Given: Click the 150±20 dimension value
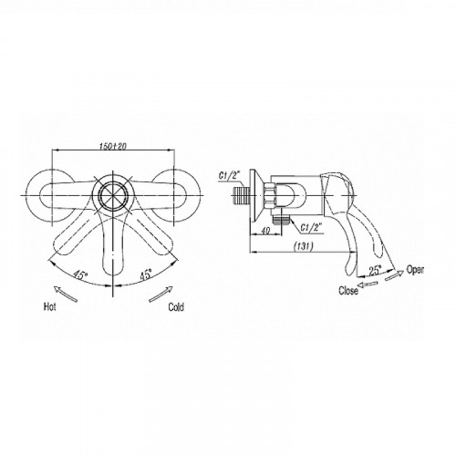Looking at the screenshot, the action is click(x=113, y=146).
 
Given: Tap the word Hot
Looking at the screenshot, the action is click(x=50, y=306).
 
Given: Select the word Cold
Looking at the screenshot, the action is click(x=176, y=307).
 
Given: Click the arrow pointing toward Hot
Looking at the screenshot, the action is click(x=65, y=294).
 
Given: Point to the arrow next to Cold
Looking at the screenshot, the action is click(x=161, y=294).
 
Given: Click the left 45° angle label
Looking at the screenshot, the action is click(x=80, y=274).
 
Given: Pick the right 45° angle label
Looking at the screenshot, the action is click(x=146, y=275).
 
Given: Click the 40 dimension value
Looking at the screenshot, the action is click(x=265, y=231).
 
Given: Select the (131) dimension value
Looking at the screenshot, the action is click(x=304, y=246).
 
